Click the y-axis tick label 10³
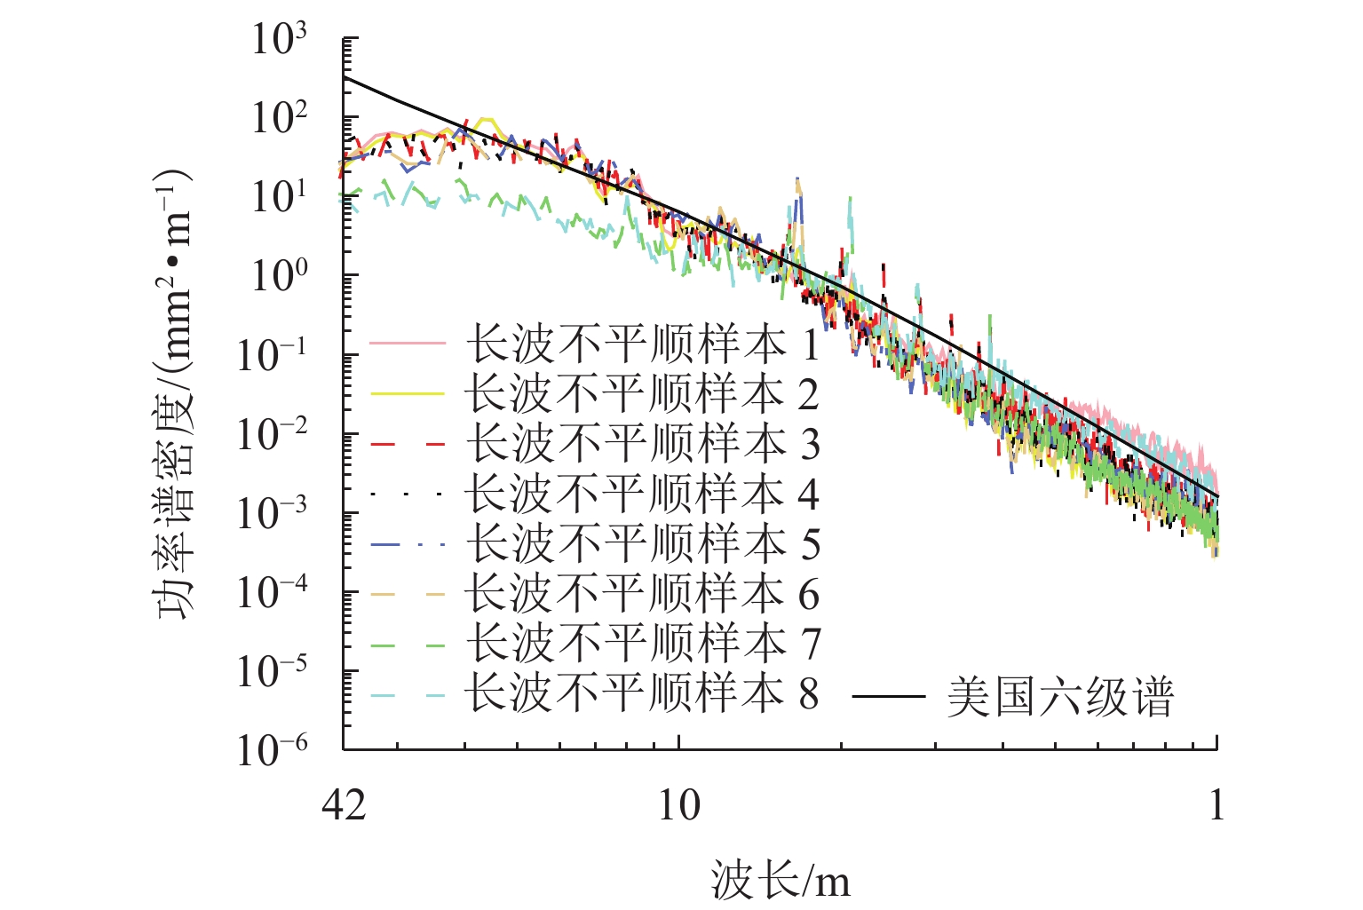(279, 40)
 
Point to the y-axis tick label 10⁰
(279, 276)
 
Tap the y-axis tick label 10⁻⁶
(272, 750)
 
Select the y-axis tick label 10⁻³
(272, 513)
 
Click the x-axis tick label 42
(344, 806)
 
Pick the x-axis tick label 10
(679, 806)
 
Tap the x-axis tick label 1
(1216, 806)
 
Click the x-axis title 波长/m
(780, 882)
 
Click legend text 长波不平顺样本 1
(642, 344)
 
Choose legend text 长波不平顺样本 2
(642, 394)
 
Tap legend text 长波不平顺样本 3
(642, 444)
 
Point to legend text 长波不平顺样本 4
(642, 494)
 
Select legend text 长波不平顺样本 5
(642, 543)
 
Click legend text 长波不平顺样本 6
(642, 593)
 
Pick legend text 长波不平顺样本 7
(642, 643)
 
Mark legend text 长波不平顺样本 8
(642, 692)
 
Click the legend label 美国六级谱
(1059, 697)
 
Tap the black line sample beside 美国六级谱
(888, 697)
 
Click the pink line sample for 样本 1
(407, 344)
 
